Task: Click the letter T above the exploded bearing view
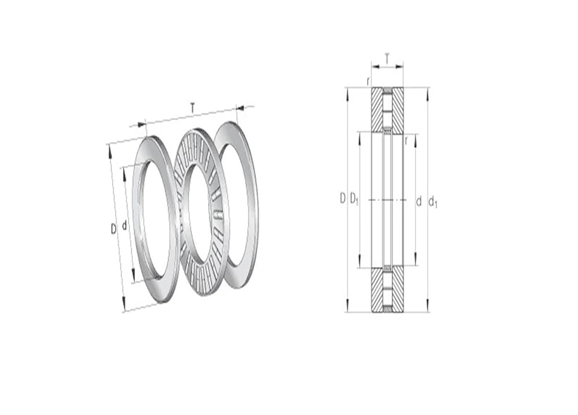[192, 108]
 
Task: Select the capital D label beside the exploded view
[113, 229]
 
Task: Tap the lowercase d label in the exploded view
[124, 225]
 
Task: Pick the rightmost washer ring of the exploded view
[254, 206]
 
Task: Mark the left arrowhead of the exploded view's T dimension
[142, 125]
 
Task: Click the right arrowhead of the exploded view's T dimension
[240, 108]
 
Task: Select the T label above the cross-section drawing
[387, 58]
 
